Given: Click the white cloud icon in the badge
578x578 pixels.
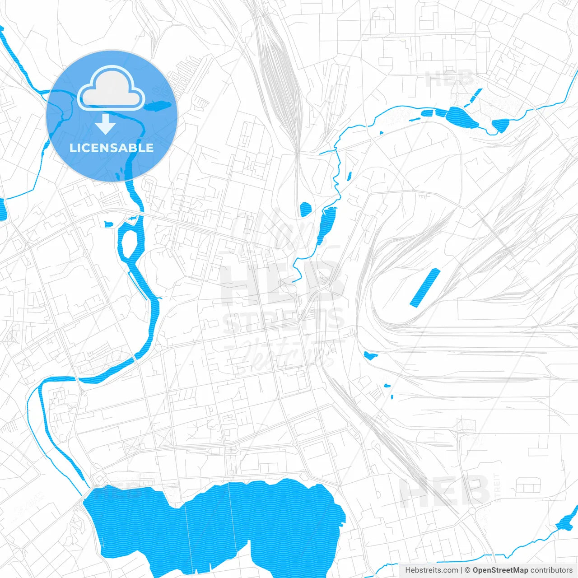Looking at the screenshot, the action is click(x=111, y=88).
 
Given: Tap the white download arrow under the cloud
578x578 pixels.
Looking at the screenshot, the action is click(x=105, y=125).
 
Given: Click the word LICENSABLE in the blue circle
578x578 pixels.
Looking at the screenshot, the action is click(x=112, y=148).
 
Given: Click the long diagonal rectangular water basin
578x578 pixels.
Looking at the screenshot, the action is click(x=425, y=288).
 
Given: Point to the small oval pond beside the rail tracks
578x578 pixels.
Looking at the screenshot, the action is click(x=306, y=209).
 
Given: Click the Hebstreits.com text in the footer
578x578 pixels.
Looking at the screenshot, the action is click(x=431, y=570).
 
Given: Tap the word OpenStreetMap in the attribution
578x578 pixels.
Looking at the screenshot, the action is click(x=500, y=570).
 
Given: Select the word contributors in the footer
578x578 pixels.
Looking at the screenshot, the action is click(x=551, y=570).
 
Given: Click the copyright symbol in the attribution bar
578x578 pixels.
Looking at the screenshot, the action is click(x=468, y=570).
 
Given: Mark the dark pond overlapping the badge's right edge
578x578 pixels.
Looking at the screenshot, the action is click(x=158, y=106).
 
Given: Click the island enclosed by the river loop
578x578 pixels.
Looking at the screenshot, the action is click(x=129, y=243).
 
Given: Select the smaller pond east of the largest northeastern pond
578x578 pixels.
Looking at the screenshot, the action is click(x=500, y=125).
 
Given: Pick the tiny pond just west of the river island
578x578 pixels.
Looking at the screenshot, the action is click(x=108, y=224).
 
